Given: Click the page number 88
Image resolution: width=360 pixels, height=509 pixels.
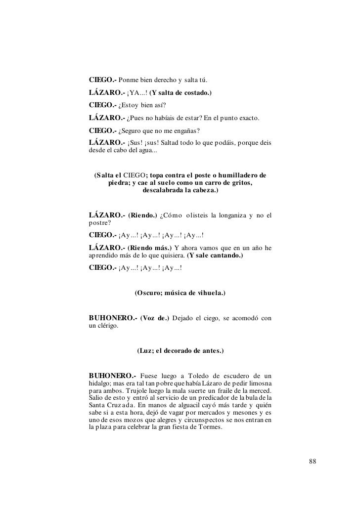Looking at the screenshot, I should [312, 462].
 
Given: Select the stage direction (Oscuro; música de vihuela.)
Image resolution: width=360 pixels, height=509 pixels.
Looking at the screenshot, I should [180, 293].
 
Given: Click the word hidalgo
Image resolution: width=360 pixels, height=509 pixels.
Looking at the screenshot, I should [100, 385].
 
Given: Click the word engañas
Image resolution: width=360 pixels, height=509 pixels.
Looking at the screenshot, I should [184, 130].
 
